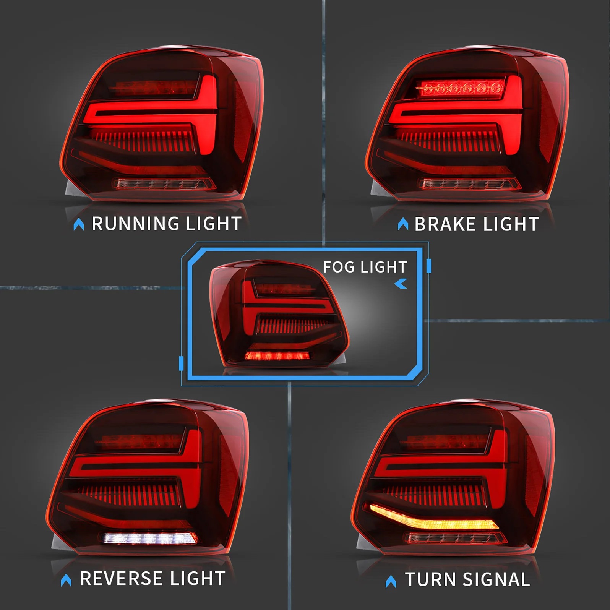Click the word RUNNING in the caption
[136, 224]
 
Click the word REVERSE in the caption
[122, 578]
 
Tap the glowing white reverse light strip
[150, 538]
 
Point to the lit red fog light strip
[277, 356]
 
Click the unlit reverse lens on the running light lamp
[164, 184]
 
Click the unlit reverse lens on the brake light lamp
[470, 184]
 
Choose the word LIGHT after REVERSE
[198, 578]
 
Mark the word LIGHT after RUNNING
[214, 224]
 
